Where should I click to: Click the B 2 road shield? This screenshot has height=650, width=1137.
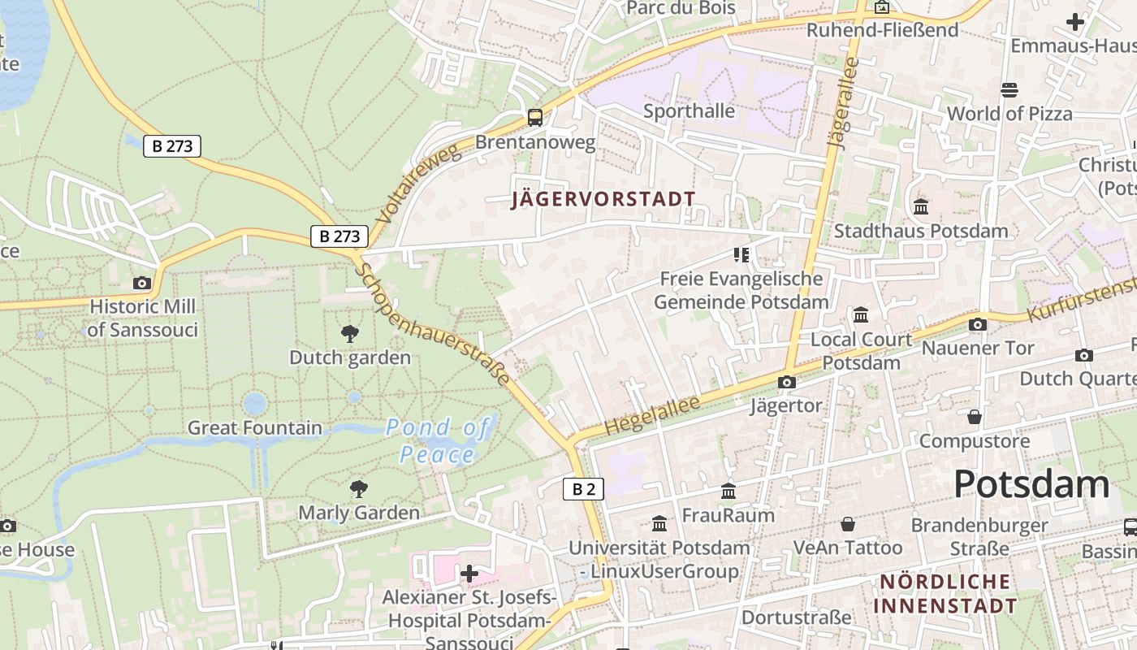(584, 488)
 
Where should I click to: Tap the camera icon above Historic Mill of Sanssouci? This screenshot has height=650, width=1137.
(142, 283)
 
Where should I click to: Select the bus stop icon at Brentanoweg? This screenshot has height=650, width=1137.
(534, 117)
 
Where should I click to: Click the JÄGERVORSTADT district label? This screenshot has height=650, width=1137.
(603, 200)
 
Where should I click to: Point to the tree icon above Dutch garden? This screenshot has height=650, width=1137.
(350, 333)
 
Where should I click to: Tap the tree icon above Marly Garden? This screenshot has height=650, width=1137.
(358, 488)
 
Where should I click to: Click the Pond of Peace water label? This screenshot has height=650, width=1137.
(439, 440)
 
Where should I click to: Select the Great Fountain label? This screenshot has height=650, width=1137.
(255, 427)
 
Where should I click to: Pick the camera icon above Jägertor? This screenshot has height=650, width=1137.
(786, 382)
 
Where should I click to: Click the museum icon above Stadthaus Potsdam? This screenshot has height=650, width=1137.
(921, 207)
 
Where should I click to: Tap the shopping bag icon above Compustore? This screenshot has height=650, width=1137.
(975, 417)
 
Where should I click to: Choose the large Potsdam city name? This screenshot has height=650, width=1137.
(1031, 484)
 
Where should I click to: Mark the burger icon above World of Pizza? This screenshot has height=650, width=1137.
(1009, 89)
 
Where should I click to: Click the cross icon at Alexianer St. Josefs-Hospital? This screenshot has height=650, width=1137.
(469, 574)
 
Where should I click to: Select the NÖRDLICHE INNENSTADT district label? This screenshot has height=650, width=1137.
(945, 594)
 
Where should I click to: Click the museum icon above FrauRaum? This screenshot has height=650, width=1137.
(728, 492)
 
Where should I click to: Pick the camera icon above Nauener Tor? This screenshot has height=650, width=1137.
(978, 324)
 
